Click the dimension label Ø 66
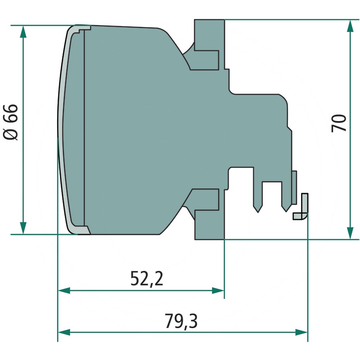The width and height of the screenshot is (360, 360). (x=10, y=122)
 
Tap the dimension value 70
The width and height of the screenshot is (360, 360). (x=339, y=123)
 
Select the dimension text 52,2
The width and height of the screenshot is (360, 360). (x=147, y=279)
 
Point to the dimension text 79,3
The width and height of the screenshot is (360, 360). (x=181, y=321)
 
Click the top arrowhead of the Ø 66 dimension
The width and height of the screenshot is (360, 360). (x=23, y=31)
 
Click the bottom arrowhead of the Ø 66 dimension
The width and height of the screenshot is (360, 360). (x=23, y=228)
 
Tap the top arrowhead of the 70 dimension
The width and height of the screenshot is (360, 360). (x=350, y=26)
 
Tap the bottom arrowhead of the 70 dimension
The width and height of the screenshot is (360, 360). (x=350, y=233)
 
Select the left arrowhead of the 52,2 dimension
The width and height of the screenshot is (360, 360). (x=64, y=291)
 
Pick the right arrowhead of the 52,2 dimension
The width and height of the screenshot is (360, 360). (x=218, y=291)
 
